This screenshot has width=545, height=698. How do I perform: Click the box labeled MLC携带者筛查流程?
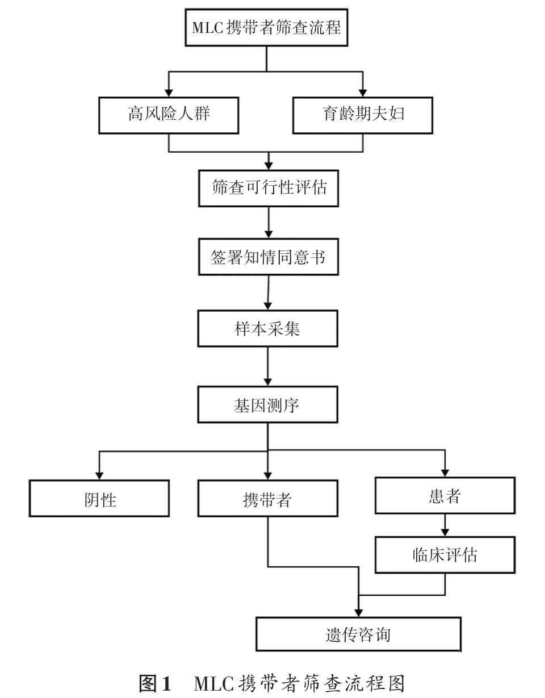pyautogui.click(x=266, y=27)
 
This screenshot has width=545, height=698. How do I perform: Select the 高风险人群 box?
pyautogui.click(x=169, y=115)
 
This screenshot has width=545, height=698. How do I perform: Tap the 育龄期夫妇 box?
pyautogui.click(x=363, y=115)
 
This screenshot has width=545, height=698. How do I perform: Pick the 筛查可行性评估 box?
pyautogui.click(x=268, y=188)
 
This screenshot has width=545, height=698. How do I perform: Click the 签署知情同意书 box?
pyautogui.click(x=268, y=257)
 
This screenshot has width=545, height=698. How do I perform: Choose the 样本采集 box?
pyautogui.click(x=267, y=328)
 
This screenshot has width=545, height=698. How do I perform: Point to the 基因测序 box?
pyautogui.click(x=267, y=404)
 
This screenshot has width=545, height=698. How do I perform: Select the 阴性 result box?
pyautogui.click(x=99, y=499)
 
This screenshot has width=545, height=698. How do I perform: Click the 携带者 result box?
pyautogui.click(x=267, y=499)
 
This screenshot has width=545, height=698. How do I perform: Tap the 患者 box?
pyautogui.click(x=445, y=495)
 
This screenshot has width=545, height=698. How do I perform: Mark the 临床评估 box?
pyautogui.click(x=445, y=554)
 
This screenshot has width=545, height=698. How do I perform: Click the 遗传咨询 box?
pyautogui.click(x=358, y=634)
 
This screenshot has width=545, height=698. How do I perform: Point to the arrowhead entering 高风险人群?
pyautogui.click(x=169, y=92)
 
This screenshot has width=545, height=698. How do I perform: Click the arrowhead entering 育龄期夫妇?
pyautogui.click(x=363, y=92)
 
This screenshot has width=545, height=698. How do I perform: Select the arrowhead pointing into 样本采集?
pyautogui.click(x=267, y=305)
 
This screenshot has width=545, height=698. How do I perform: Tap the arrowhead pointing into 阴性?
pyautogui.click(x=99, y=475)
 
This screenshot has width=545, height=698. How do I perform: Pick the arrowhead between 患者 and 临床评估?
pyautogui.click(x=445, y=532)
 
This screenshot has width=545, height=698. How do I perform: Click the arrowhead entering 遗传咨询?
pyautogui.click(x=358, y=612)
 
